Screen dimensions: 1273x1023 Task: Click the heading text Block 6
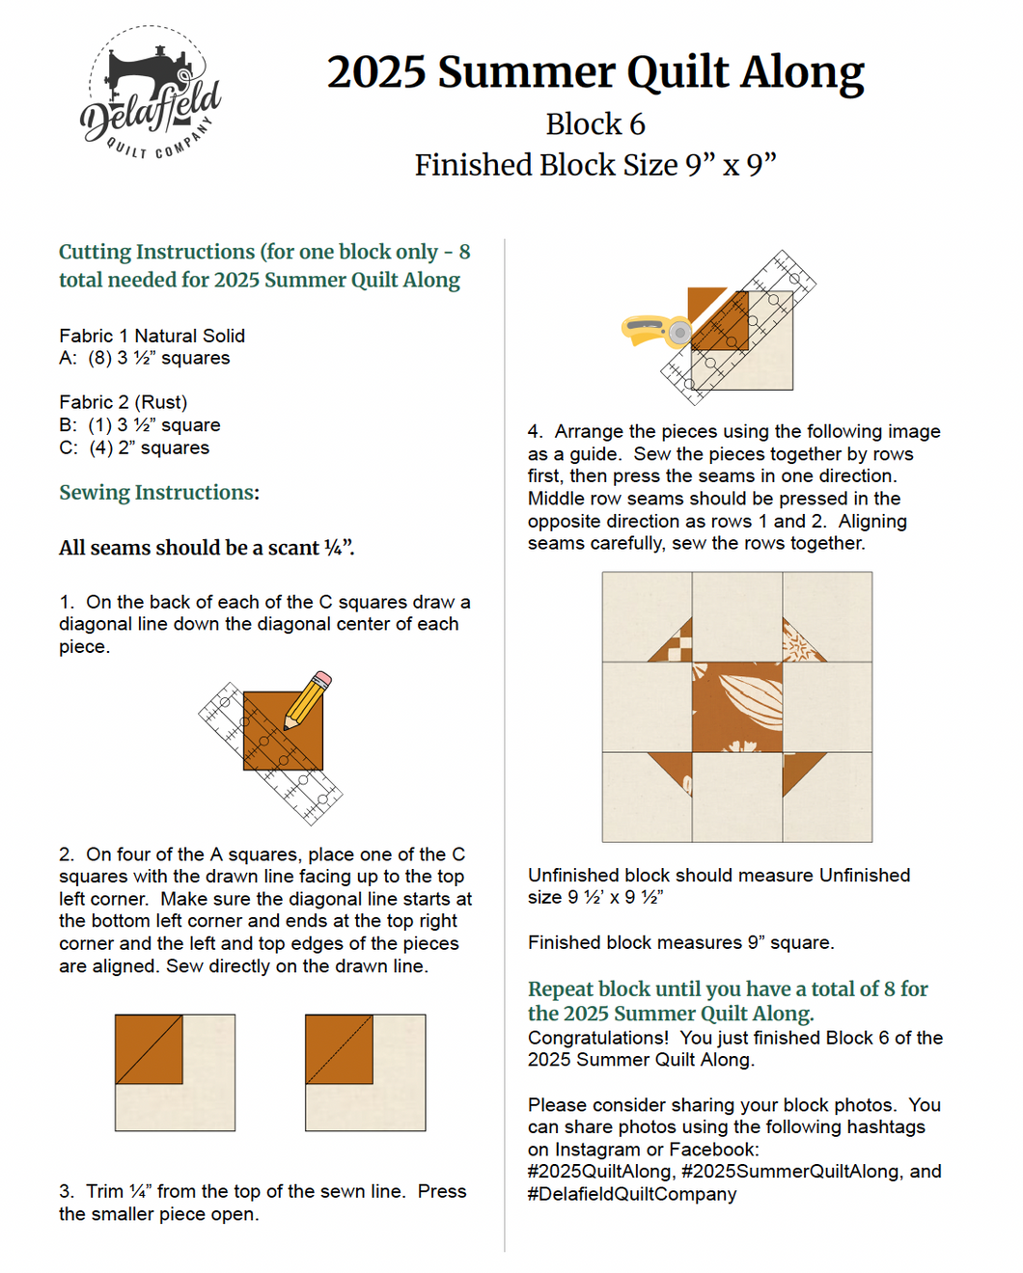pos(594,124)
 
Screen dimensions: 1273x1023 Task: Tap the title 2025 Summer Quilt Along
pos(594,72)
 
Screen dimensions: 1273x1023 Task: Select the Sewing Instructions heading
pos(159,493)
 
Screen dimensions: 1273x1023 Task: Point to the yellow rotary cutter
pos(656,330)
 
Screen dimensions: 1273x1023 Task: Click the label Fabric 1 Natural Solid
pos(152,336)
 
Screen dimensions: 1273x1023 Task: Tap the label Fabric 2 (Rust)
pos(123,402)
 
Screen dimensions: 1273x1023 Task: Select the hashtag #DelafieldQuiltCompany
pos(632,1194)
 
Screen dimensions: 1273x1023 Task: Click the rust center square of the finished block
pos(737,707)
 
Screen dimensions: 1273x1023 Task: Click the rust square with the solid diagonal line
pos(149,1048)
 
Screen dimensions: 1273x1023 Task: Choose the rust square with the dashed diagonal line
pos(339,1048)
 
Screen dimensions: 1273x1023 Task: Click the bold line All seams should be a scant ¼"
pos(207,548)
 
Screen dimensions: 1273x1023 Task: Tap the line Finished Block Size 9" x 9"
pos(594,165)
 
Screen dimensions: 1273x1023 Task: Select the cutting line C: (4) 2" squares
pos(134,447)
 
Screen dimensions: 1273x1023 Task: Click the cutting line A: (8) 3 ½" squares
pos(145,358)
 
